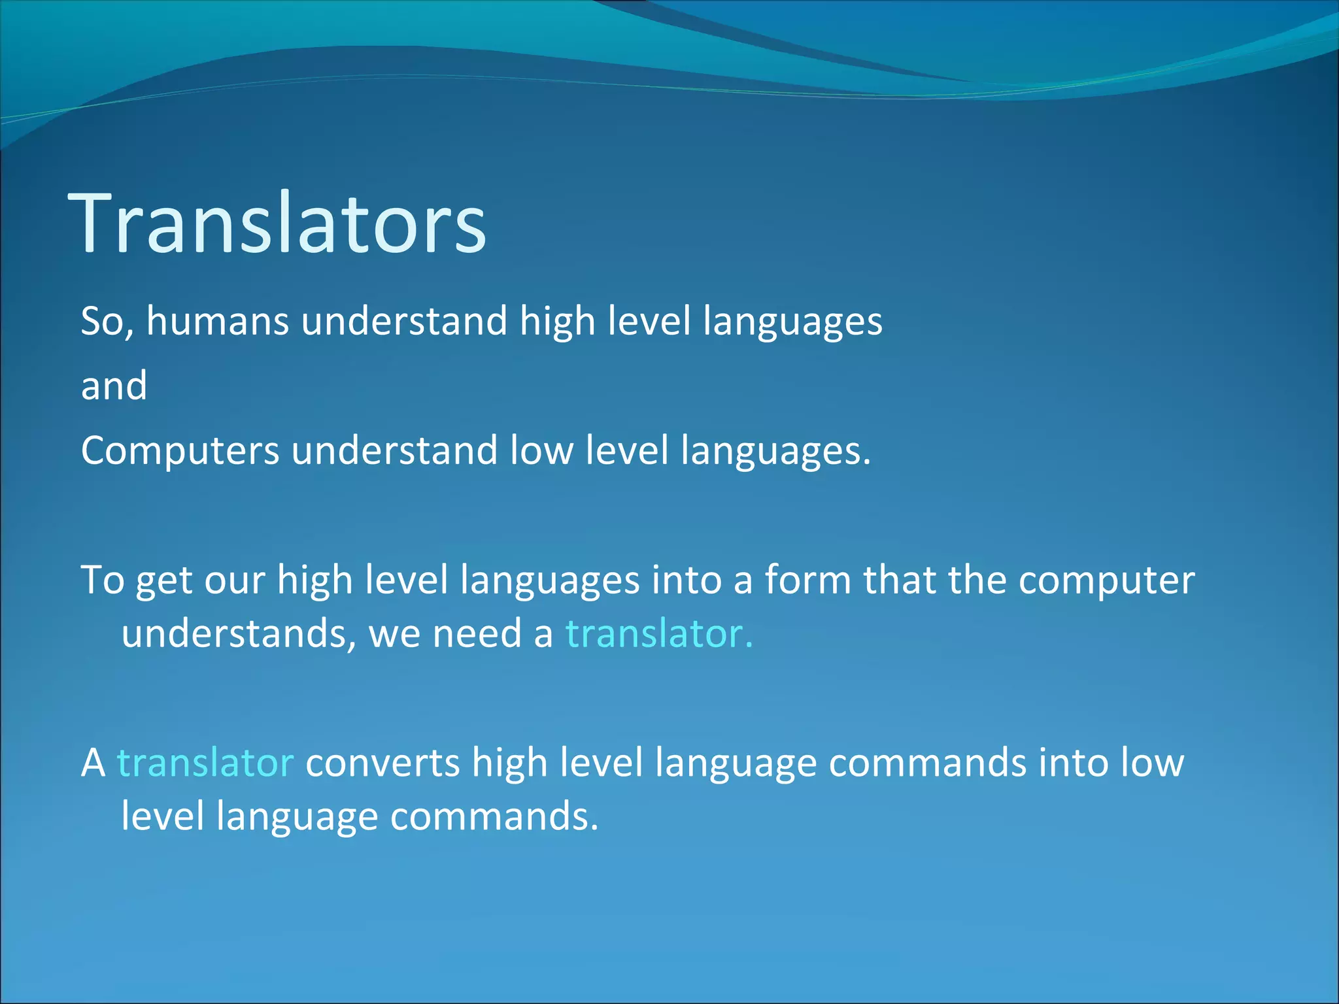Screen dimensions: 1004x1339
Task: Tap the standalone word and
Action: pyautogui.click(x=114, y=386)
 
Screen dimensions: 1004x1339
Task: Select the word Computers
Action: pyautogui.click(x=180, y=451)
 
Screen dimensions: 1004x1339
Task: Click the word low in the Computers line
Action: pyautogui.click(x=541, y=451)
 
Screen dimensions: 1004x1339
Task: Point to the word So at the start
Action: pyautogui.click(x=105, y=322)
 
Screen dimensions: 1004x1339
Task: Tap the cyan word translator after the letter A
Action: pyautogui.click(x=205, y=763)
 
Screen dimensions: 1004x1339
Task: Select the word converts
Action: pyautogui.click(x=382, y=763)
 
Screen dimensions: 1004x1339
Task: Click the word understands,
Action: pyautogui.click(x=239, y=634)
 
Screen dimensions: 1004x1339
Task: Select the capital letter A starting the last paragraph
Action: pyautogui.click(x=93, y=763)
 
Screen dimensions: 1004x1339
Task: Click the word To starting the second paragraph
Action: pyautogui.click(x=102, y=580)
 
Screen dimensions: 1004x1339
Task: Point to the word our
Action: pyautogui.click(x=234, y=580)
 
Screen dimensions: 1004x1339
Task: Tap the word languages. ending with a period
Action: pyautogui.click(x=775, y=451)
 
